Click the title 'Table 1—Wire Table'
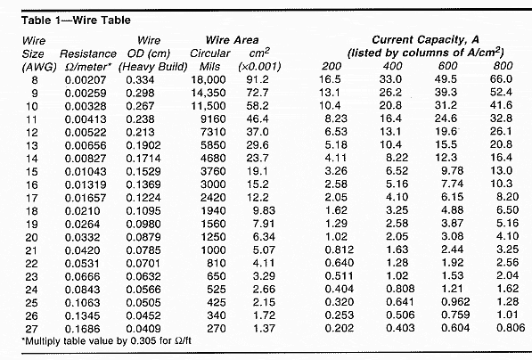click(76, 20)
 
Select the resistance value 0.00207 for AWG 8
click(86, 80)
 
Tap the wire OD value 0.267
click(140, 106)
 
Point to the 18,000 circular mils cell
click(209, 79)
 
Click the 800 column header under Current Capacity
click(503, 65)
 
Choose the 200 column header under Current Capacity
click(331, 66)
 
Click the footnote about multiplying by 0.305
click(106, 340)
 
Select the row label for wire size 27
click(31, 329)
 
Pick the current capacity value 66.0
click(501, 79)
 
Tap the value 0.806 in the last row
click(511, 328)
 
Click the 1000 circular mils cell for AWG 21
click(213, 250)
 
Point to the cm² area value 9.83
click(264, 210)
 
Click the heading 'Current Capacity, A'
click(425, 40)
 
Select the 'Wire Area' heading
click(232, 40)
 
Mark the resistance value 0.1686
click(83, 329)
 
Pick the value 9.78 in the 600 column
click(453, 171)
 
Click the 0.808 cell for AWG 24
click(400, 289)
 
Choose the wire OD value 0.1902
click(143, 145)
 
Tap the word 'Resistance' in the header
click(88, 53)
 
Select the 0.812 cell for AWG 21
click(340, 250)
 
